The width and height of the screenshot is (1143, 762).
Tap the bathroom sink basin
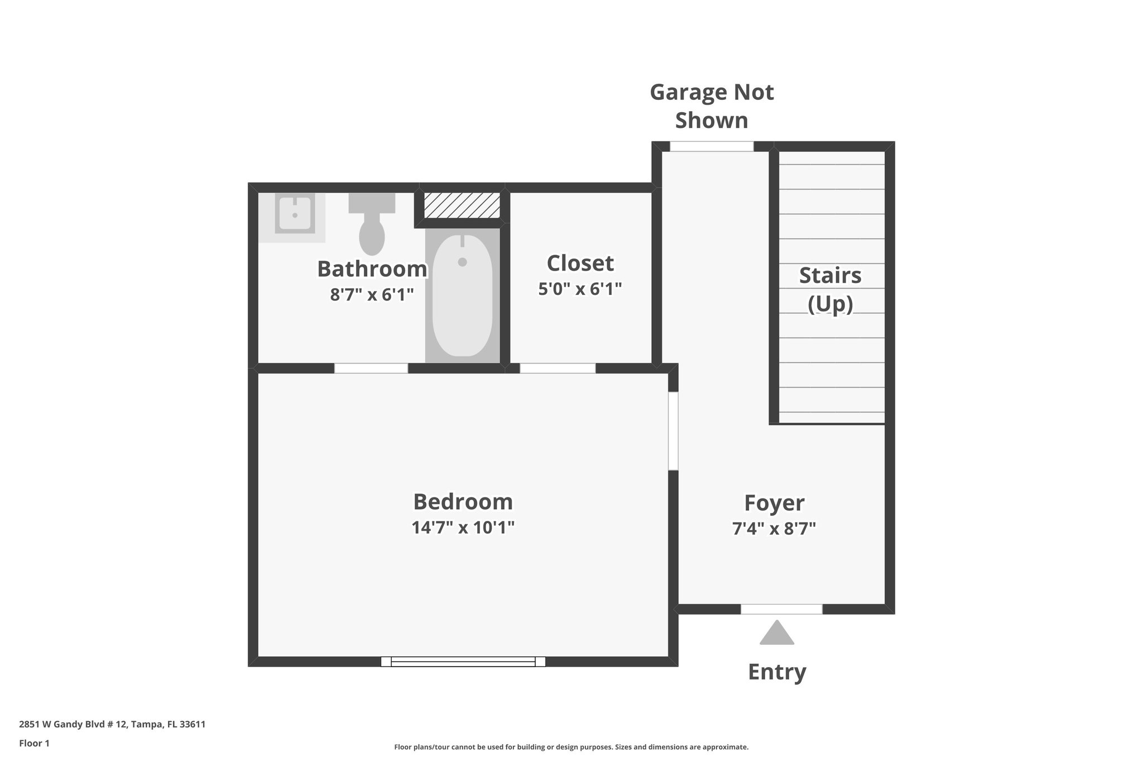[294, 213]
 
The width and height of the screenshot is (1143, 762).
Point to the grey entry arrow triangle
[776, 634]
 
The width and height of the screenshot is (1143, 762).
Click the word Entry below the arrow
[777, 672]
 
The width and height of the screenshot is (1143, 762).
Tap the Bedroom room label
[463, 501]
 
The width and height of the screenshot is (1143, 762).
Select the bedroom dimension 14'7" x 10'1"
[463, 527]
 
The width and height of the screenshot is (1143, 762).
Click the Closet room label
[580, 263]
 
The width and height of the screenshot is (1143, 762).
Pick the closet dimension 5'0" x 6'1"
[580, 289]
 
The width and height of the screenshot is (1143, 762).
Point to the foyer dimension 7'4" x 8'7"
[774, 528]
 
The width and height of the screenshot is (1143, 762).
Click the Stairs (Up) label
[830, 290]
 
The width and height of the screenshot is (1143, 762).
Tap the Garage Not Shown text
[712, 106]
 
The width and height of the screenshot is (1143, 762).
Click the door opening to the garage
[712, 146]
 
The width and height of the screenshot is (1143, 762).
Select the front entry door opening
[781, 609]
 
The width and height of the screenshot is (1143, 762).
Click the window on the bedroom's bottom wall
[463, 662]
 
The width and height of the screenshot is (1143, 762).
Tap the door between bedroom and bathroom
[371, 368]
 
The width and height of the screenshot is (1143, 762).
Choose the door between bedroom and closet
[558, 368]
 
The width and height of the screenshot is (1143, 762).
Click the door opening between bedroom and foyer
[673, 431]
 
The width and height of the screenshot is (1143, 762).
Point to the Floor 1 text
[35, 743]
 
